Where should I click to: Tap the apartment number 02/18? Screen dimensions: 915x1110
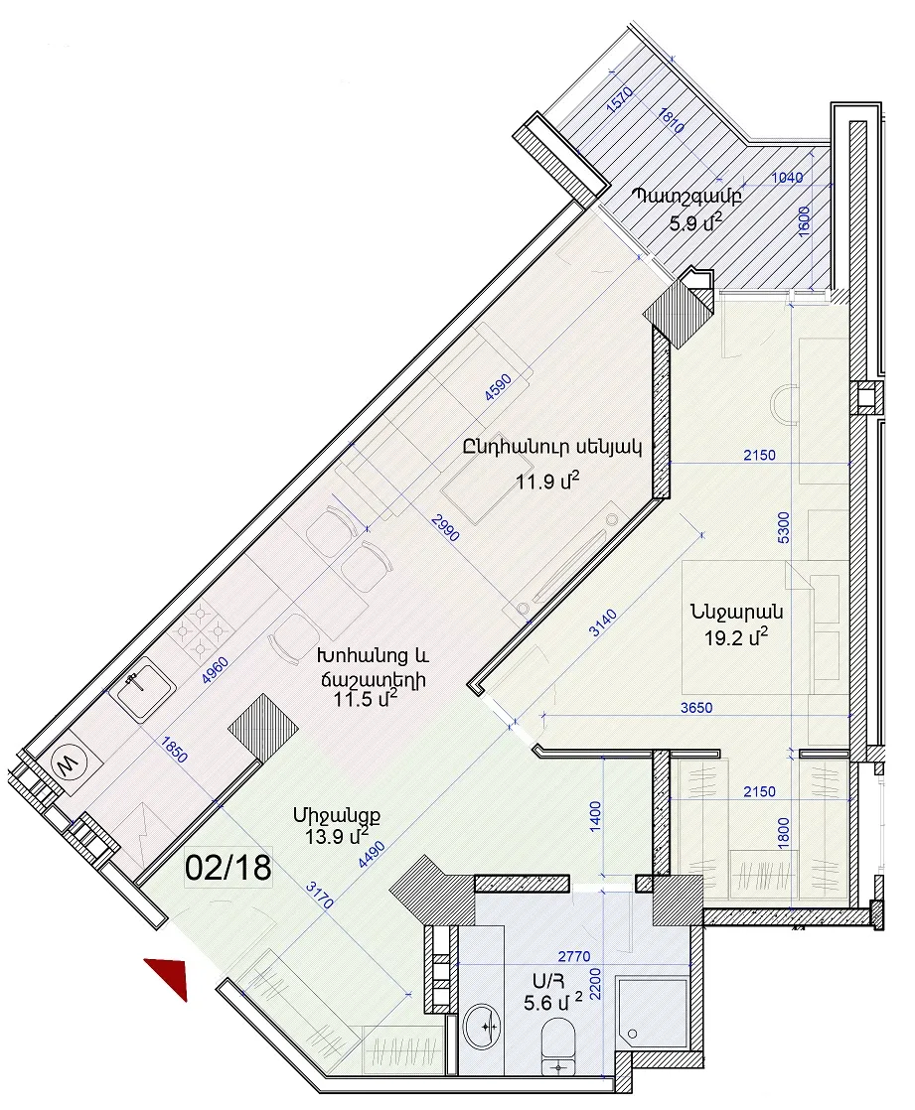click(x=229, y=868)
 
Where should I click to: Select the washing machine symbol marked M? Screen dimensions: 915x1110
click(x=69, y=763)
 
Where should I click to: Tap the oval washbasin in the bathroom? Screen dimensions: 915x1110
click(x=482, y=1026)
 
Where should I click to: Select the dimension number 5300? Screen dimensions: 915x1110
click(x=783, y=527)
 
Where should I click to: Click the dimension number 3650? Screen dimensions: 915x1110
click(x=696, y=707)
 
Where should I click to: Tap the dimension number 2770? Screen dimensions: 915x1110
click(x=573, y=956)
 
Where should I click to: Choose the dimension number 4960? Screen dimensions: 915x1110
click(x=215, y=670)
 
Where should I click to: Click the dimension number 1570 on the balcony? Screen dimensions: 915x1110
click(x=620, y=100)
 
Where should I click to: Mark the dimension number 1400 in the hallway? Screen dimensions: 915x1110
click(x=595, y=816)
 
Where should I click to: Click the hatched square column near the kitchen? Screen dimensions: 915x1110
click(x=262, y=728)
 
